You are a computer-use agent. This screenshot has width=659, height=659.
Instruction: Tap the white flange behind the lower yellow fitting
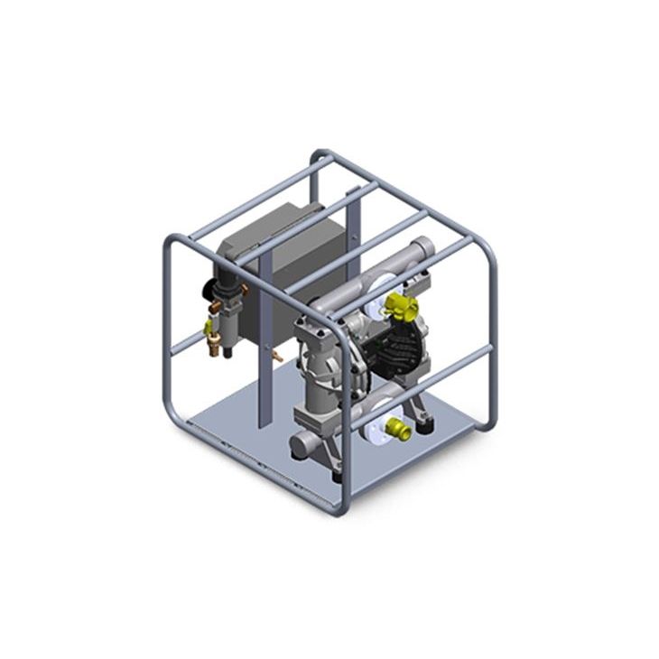375,432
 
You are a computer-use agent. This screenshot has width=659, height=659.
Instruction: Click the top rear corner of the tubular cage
320,157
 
